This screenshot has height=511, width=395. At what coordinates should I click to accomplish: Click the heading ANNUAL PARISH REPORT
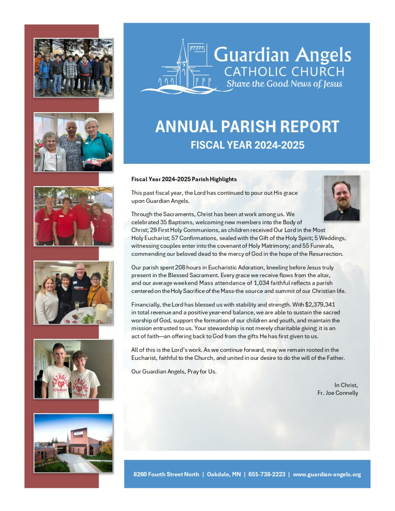247,127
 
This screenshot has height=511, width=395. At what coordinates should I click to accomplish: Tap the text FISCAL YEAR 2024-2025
247,145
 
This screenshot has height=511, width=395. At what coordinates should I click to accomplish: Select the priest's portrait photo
342,198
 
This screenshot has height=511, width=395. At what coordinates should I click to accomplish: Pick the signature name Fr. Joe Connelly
338,393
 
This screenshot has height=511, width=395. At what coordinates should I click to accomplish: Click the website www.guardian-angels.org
327,474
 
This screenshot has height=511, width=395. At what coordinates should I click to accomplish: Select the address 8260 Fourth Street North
166,474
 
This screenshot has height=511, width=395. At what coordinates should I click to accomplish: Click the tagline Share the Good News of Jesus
284,84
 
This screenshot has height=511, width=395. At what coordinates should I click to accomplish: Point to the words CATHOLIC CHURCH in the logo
284,71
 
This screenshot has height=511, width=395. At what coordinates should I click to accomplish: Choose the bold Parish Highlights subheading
184,179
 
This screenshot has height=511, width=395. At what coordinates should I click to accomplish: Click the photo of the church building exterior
73,443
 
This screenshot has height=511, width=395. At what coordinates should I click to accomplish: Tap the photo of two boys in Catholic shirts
73,369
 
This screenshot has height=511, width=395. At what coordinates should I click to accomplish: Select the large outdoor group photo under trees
73,67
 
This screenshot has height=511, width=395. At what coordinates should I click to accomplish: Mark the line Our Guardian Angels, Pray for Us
174,371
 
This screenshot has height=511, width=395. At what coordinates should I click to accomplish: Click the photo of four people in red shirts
73,216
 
